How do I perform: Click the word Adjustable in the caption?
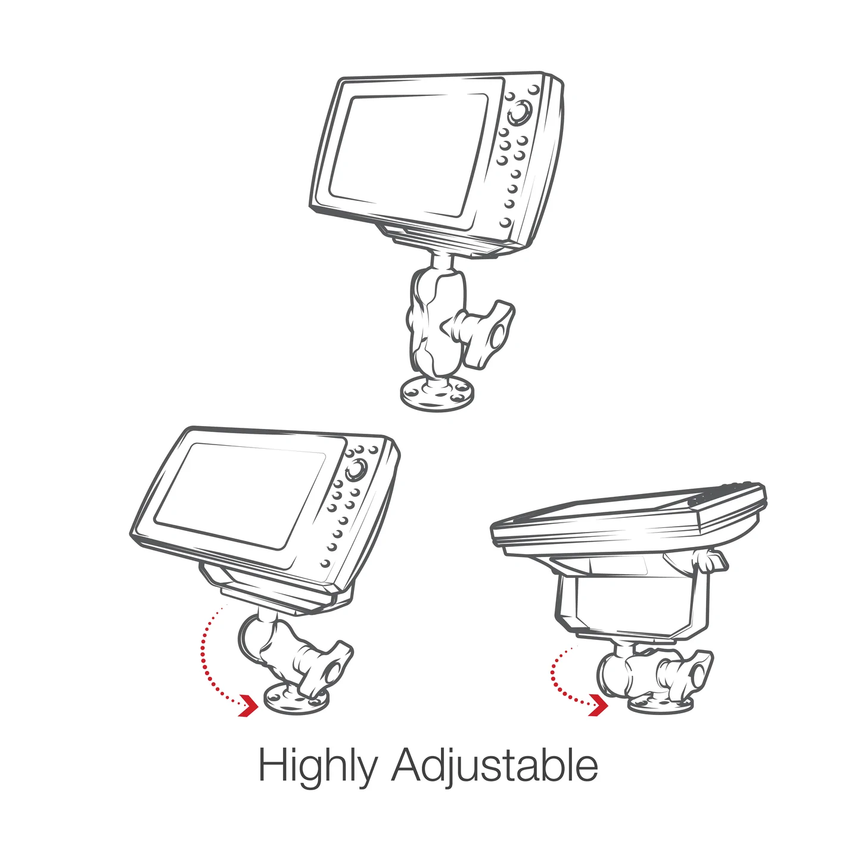tap(495, 766)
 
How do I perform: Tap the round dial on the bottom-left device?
tap(356, 469)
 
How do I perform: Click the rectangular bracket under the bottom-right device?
tap(626, 602)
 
